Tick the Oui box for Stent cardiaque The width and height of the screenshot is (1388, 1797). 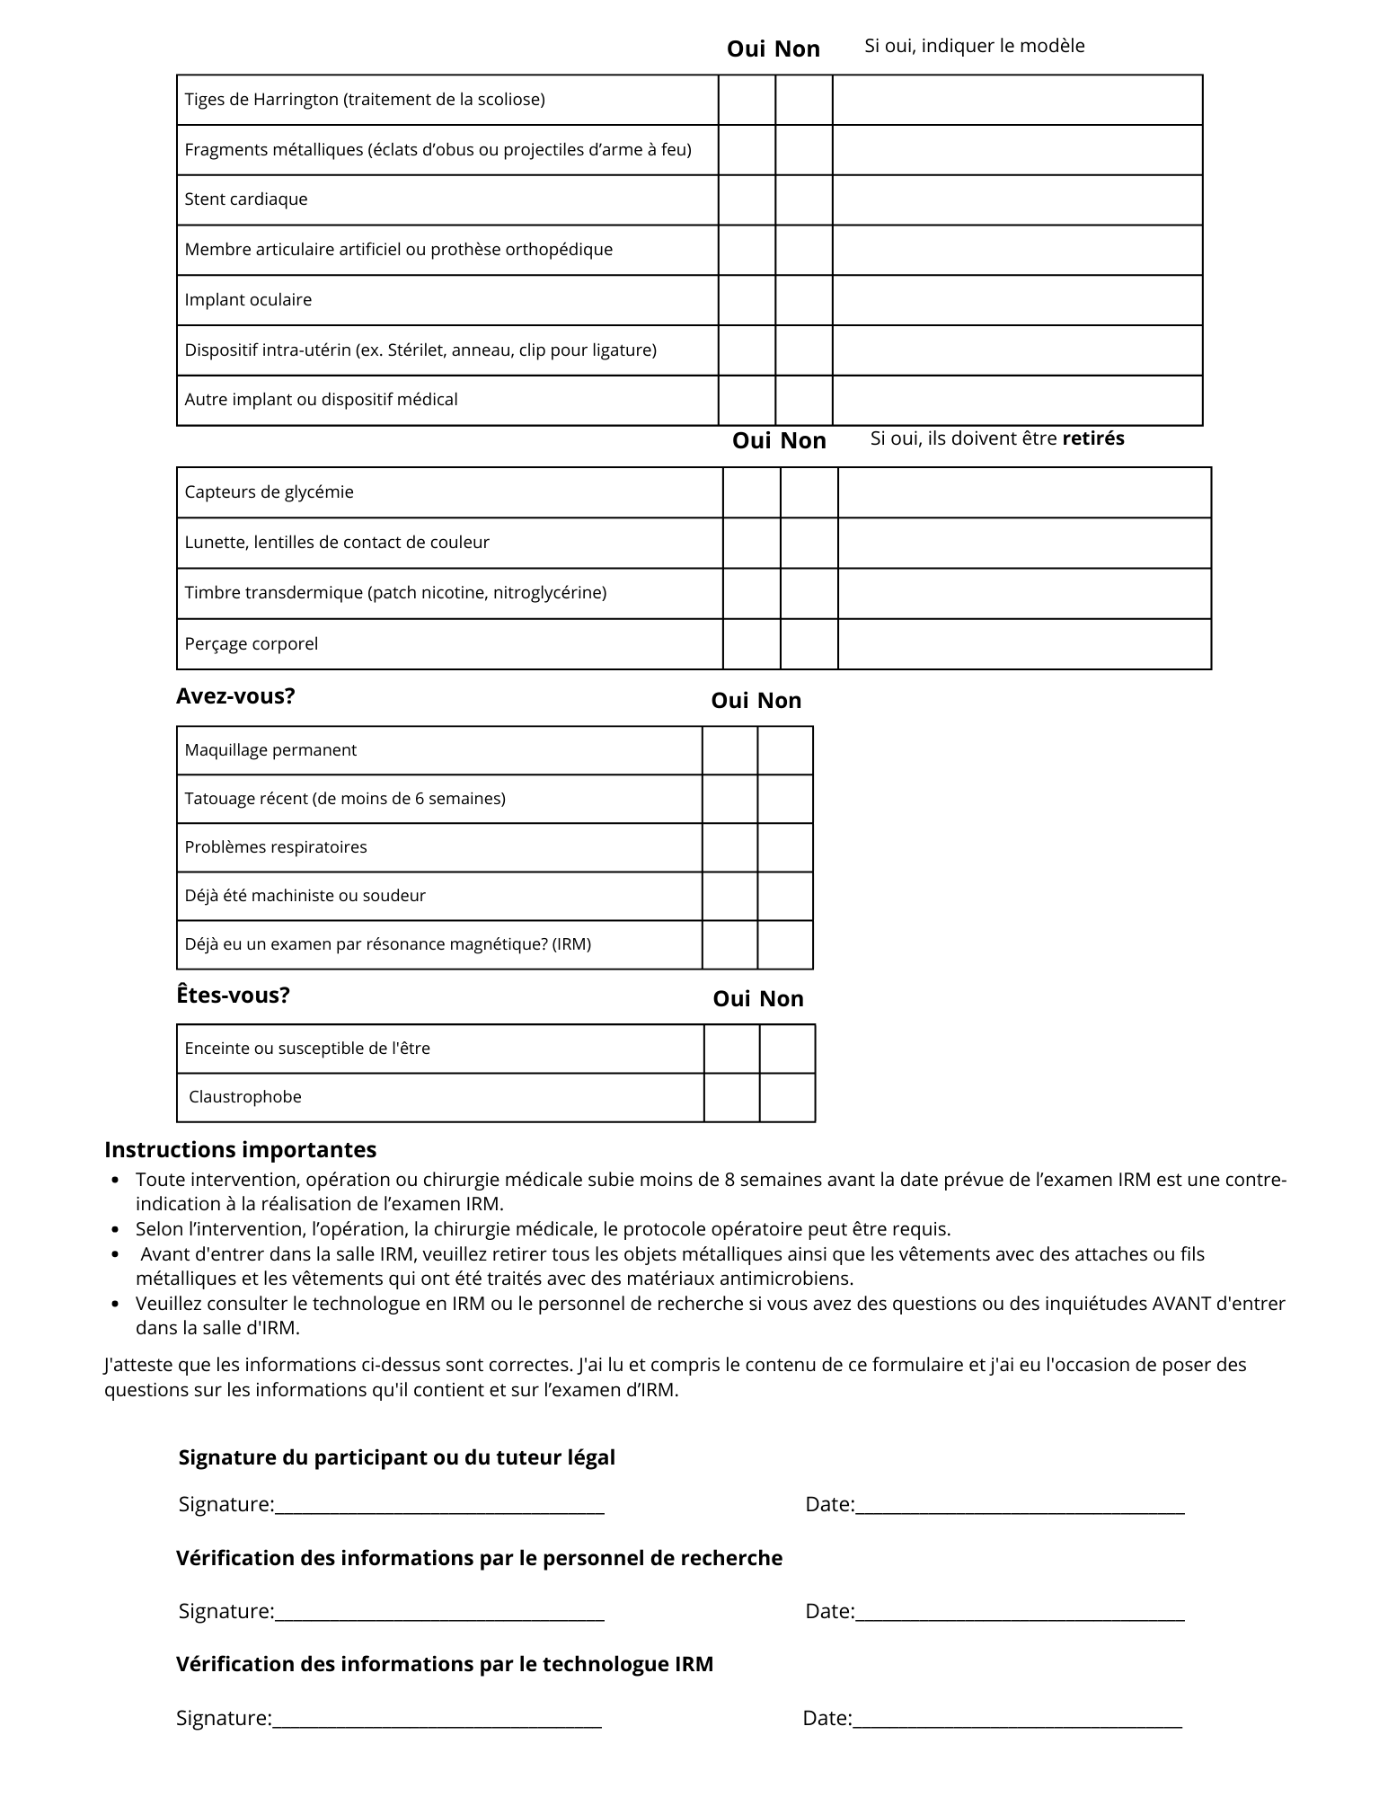pos(747,199)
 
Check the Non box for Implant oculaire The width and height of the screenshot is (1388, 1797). pos(804,300)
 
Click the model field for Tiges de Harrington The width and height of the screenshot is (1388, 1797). pos(1017,100)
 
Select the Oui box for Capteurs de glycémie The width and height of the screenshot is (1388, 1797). pos(751,492)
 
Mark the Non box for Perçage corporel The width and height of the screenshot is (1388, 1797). pos(809,644)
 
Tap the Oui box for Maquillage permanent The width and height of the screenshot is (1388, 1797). pos(729,750)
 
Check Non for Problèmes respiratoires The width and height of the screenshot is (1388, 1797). pos(785,847)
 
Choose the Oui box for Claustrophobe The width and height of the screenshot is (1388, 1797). pos(731,1097)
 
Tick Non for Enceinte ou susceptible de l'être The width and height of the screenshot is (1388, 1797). pos(787,1049)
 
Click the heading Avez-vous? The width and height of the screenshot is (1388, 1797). pos(235,696)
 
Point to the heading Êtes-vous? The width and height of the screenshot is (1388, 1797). pos(233,996)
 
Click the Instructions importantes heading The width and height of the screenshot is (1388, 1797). pos(240,1150)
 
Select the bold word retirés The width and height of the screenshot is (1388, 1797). pos(1092,438)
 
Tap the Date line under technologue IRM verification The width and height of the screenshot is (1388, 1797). pos(1016,1721)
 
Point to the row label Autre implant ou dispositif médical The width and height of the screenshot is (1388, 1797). pos(321,400)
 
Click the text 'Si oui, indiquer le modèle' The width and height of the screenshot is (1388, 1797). pos(974,46)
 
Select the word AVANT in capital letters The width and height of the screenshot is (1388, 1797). pos(1180,1304)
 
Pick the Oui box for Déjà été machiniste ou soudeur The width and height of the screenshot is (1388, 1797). pos(729,896)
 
